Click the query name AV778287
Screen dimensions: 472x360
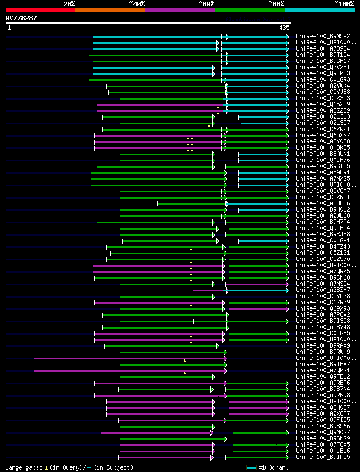21,18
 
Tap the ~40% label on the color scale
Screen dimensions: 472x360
137,4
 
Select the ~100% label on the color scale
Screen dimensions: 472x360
344,4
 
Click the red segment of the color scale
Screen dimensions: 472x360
40,10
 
